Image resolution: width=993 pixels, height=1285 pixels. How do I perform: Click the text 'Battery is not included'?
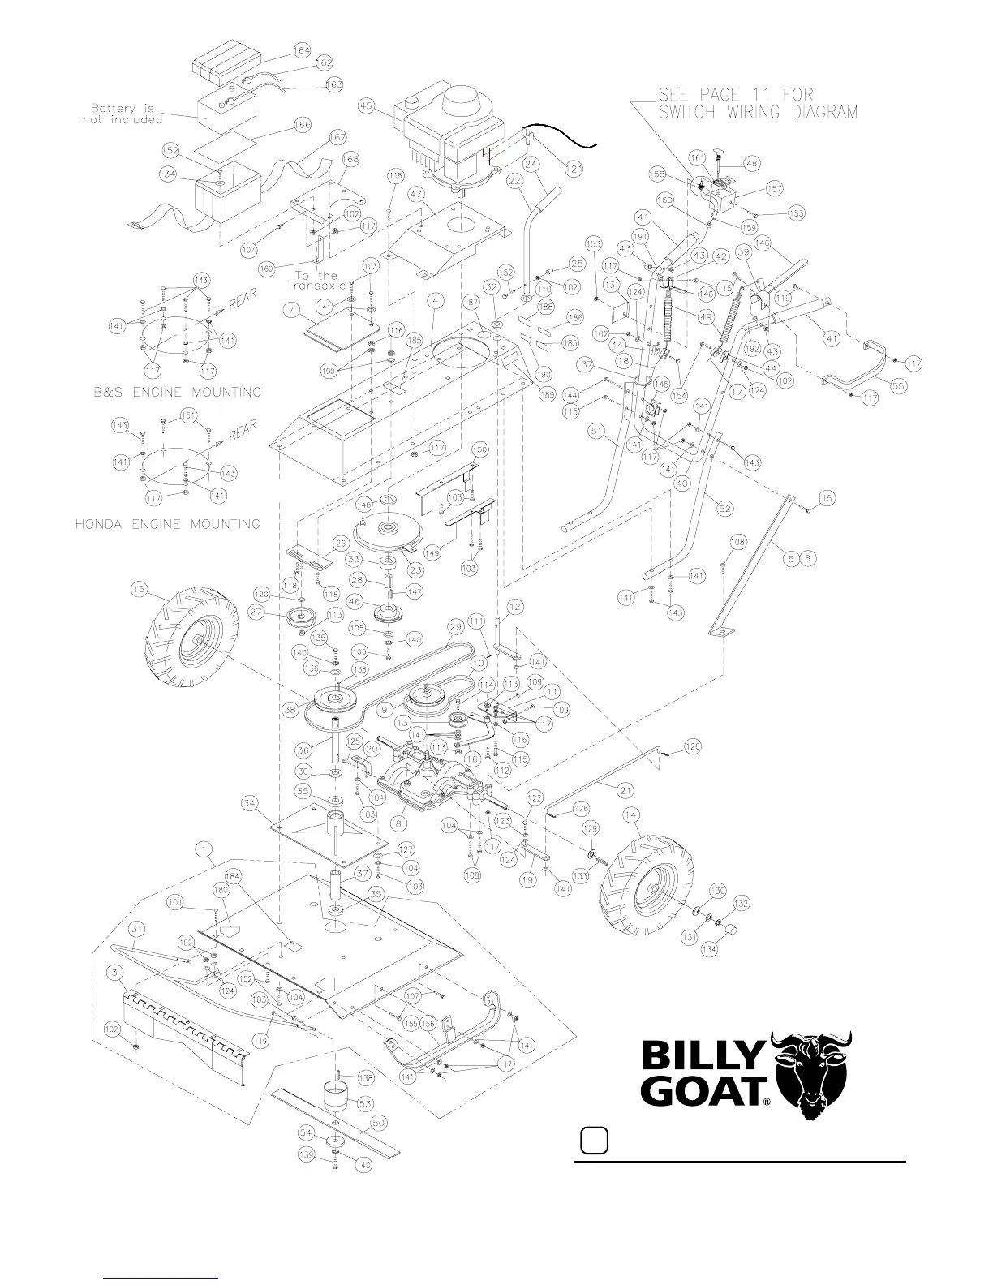[122, 114]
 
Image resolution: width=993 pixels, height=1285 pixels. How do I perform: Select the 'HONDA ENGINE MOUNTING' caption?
[168, 524]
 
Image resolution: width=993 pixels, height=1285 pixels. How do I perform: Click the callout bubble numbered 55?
[896, 387]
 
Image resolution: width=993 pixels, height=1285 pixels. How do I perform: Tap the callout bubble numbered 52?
[724, 508]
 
